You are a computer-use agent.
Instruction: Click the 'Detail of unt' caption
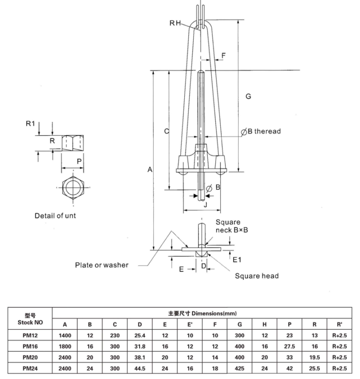coord(55,216)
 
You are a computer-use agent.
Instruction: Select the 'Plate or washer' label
coord(102,265)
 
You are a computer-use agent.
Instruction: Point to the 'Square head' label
coord(256,275)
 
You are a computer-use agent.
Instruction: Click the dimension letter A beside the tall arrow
coord(150,169)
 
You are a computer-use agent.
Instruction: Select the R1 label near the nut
coord(30,124)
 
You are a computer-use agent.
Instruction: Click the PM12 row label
coord(30,336)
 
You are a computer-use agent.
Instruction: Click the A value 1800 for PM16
coord(65,347)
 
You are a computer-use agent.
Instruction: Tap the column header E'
coord(190,325)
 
